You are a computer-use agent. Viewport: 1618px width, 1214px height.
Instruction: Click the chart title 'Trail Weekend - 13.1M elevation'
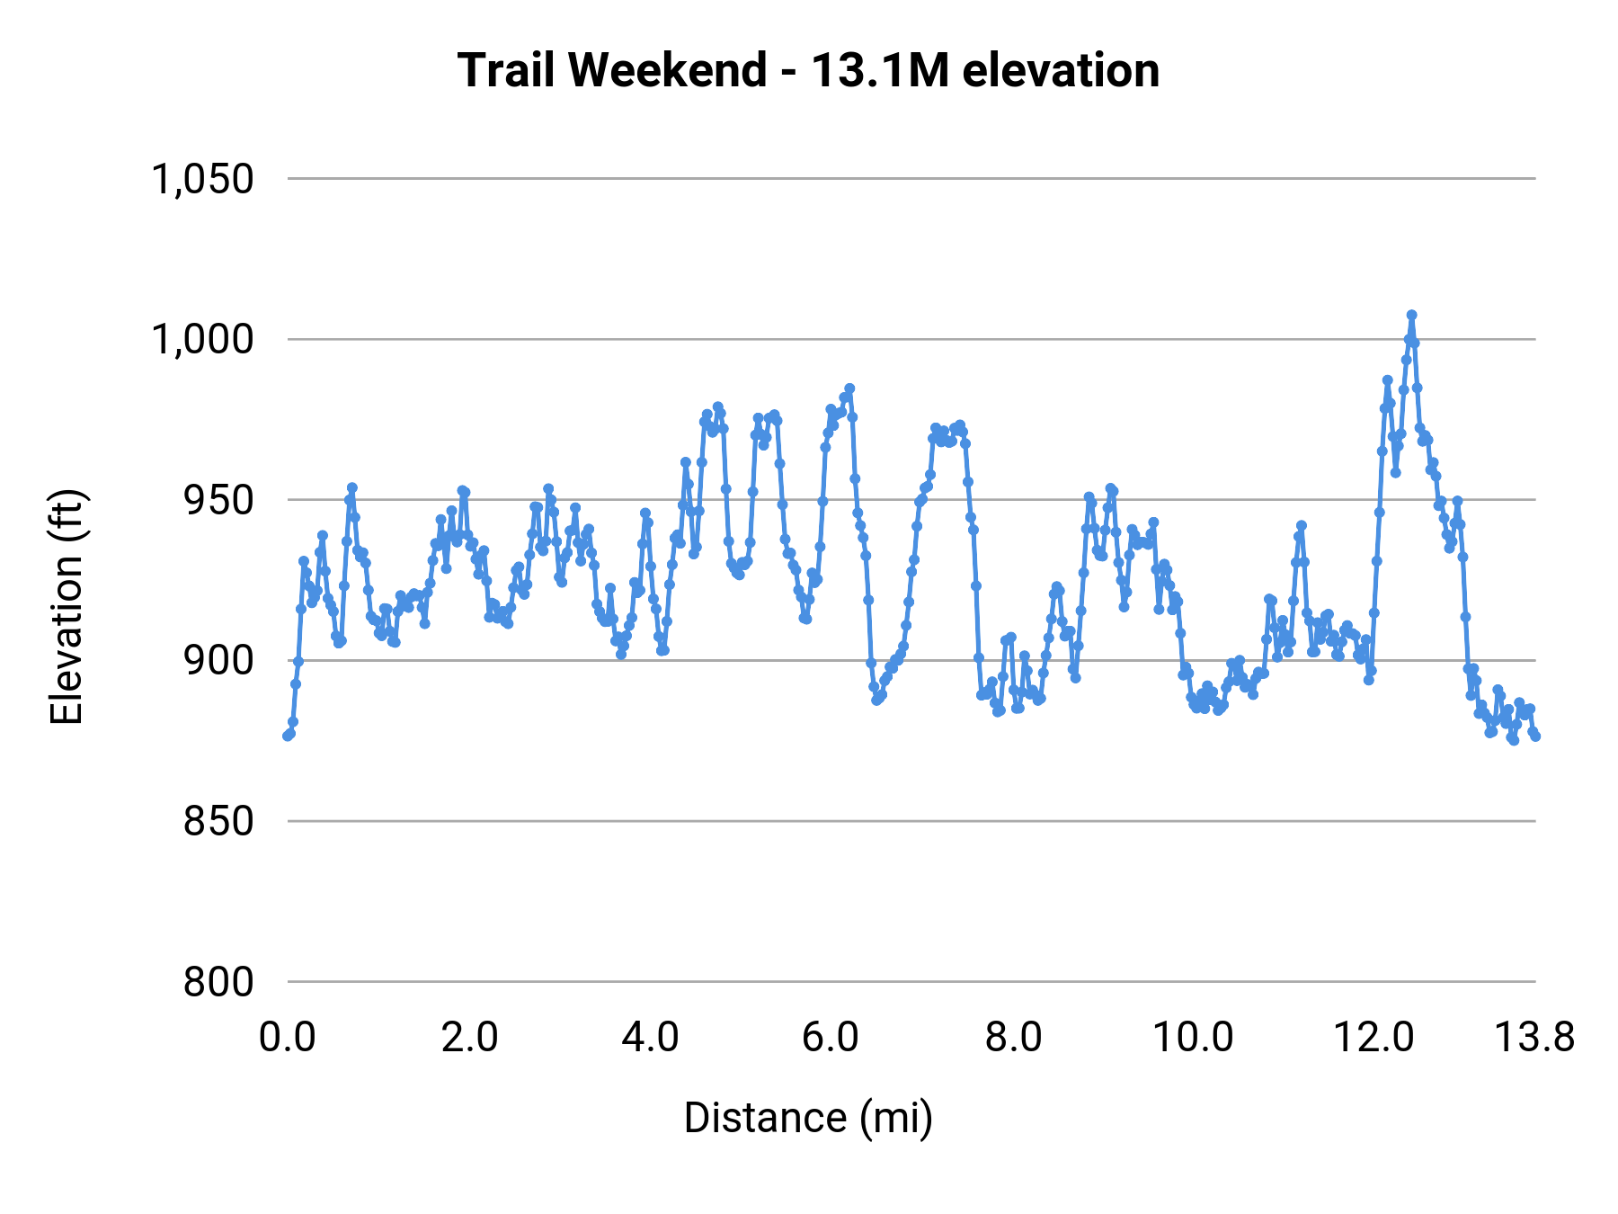pyautogui.click(x=808, y=70)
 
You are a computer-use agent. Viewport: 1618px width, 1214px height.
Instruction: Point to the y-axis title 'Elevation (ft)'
pyautogui.click(x=67, y=607)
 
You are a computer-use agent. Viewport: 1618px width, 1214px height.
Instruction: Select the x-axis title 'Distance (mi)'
pyautogui.click(x=808, y=1118)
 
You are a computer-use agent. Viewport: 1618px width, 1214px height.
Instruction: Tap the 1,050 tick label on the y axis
pyautogui.click(x=203, y=179)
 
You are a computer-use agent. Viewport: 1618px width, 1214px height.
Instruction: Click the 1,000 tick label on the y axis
pyautogui.click(x=203, y=340)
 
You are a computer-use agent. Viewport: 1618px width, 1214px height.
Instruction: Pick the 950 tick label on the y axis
pyautogui.click(x=218, y=500)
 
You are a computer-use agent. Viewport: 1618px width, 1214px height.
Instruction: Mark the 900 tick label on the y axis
pyautogui.click(x=218, y=661)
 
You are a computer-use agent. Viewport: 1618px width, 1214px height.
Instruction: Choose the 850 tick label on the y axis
pyautogui.click(x=218, y=821)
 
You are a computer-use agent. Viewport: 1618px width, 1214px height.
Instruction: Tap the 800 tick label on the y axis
pyautogui.click(x=218, y=982)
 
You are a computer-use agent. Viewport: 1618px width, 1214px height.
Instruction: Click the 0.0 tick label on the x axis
pyautogui.click(x=288, y=1038)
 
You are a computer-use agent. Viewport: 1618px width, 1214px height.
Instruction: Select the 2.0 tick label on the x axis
pyautogui.click(x=469, y=1038)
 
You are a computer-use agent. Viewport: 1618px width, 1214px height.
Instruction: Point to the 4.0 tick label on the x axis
pyautogui.click(x=650, y=1038)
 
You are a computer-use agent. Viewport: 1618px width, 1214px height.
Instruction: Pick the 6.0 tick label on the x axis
pyautogui.click(x=831, y=1038)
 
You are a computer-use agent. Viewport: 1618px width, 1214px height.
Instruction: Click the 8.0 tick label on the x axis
pyautogui.click(x=1013, y=1038)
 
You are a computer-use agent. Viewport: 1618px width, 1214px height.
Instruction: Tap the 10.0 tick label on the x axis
pyautogui.click(x=1193, y=1038)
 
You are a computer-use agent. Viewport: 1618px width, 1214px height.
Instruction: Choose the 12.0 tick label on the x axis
pyautogui.click(x=1374, y=1038)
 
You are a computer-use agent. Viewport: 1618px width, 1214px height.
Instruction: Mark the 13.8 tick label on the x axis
pyautogui.click(x=1534, y=1038)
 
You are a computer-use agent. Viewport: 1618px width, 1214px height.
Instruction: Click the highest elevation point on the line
pyautogui.click(x=1411, y=315)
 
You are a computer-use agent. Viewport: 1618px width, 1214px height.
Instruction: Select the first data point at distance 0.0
pyautogui.click(x=288, y=736)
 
